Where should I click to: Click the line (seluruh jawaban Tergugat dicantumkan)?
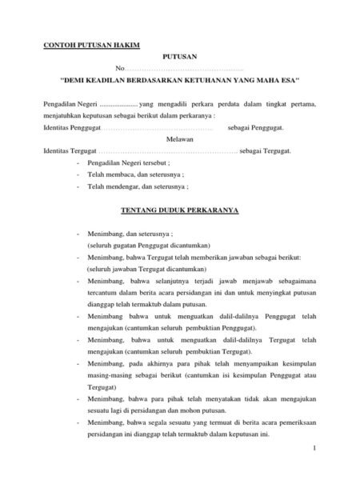click(x=138, y=270)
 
